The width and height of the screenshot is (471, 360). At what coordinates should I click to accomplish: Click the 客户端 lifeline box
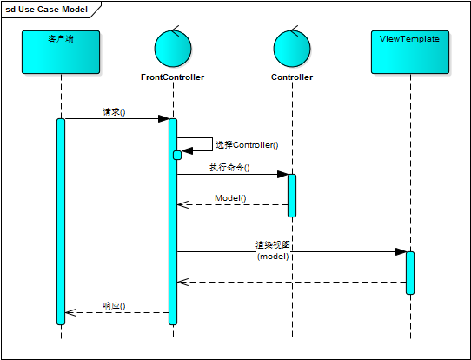tap(61, 51)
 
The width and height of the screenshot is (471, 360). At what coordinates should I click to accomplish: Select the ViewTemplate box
tap(410, 51)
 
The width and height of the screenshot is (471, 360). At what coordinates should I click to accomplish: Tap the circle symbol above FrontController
tap(172, 48)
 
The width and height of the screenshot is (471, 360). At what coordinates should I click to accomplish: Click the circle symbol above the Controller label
tap(292, 48)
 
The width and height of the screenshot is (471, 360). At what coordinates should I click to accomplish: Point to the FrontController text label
tap(172, 77)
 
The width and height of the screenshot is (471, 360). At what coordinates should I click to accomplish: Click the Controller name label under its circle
tap(292, 77)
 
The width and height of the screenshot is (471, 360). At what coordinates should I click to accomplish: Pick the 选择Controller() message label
tap(253, 145)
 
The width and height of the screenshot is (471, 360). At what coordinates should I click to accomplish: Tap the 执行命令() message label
tap(229, 167)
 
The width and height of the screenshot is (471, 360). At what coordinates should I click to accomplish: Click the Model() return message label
tap(230, 198)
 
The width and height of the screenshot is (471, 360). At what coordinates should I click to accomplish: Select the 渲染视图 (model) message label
tap(273, 251)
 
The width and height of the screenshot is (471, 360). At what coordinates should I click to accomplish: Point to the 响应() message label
tap(114, 305)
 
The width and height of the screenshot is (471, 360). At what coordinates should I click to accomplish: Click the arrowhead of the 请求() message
tap(163, 119)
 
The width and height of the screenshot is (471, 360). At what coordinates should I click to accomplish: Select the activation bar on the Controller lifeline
tap(292, 195)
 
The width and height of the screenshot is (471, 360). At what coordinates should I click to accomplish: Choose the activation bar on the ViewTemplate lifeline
tap(410, 272)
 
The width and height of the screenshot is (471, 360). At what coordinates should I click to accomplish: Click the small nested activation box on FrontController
tap(177, 155)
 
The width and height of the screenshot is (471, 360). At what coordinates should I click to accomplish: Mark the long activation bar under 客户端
tap(61, 221)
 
